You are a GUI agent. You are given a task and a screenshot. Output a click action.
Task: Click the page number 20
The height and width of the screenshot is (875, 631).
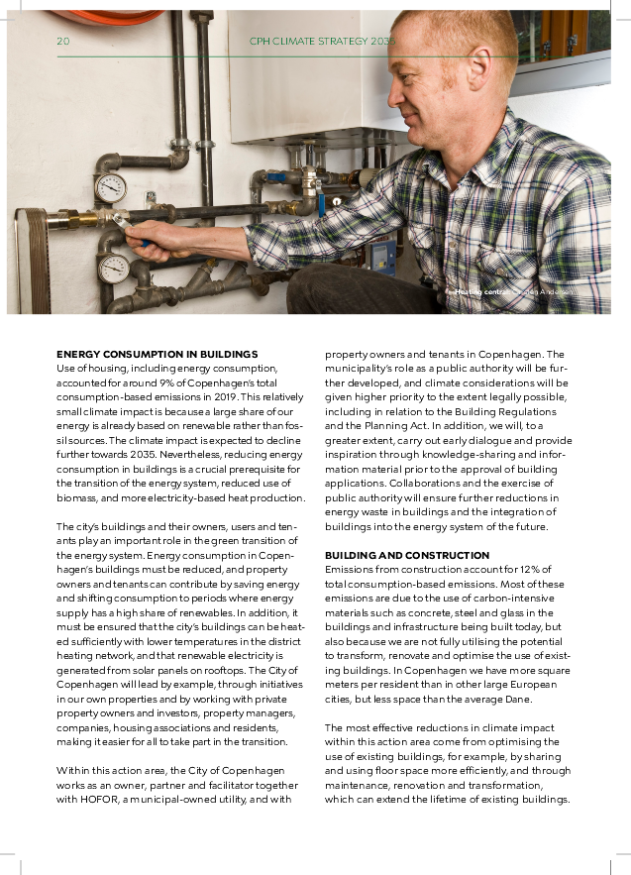tap(62, 41)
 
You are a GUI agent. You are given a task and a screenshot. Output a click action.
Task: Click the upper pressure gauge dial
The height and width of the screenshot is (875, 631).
tap(110, 187)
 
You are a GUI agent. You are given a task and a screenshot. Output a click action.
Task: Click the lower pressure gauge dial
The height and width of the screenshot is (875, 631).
tap(113, 268)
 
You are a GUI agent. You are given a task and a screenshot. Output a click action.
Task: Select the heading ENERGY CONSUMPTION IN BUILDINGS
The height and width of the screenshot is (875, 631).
tap(157, 354)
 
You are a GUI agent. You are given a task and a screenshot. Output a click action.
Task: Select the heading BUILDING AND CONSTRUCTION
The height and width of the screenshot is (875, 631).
tap(407, 555)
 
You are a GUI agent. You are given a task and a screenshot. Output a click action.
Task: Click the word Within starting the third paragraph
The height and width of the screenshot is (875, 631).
tap(72, 771)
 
